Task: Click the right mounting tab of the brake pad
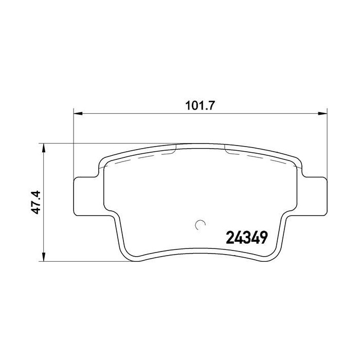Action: (x=315, y=196)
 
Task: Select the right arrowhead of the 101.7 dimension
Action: (x=323, y=114)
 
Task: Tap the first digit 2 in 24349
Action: (x=230, y=238)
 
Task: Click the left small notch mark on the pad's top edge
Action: (x=176, y=148)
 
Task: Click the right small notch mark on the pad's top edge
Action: (x=226, y=148)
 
